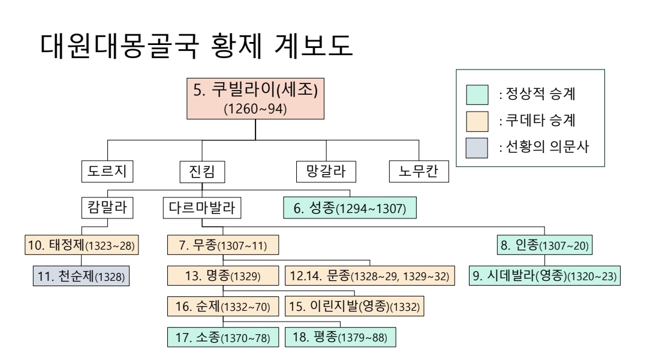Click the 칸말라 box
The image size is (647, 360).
click(x=107, y=208)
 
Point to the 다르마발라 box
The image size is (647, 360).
click(x=202, y=208)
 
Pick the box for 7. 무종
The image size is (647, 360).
click(x=223, y=245)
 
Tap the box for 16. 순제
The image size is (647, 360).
click(x=222, y=306)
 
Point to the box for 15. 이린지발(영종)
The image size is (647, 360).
click(x=355, y=306)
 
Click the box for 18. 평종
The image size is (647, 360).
click(x=340, y=337)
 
